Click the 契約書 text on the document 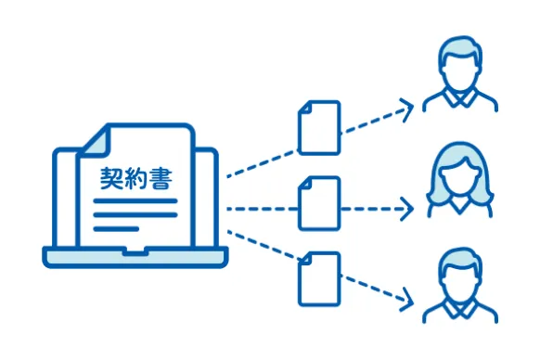135,177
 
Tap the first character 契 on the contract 111,177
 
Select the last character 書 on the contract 159,177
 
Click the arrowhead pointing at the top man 405,109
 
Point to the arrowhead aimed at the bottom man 405,298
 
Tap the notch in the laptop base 135,251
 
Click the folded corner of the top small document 331,108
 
